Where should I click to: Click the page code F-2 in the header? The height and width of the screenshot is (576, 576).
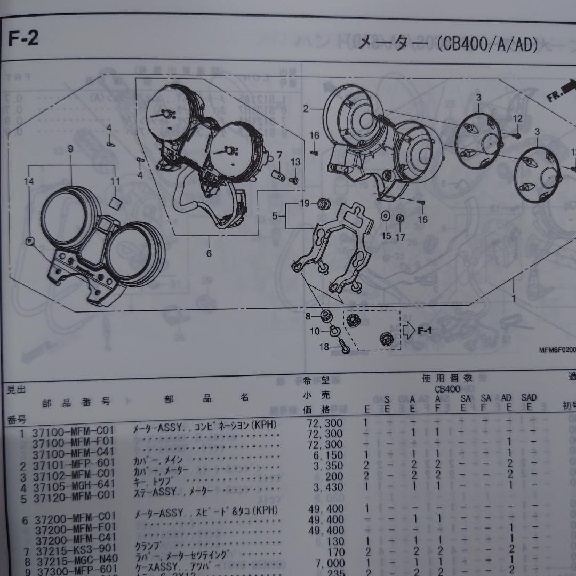(24, 39)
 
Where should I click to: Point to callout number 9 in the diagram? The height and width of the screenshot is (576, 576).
(70, 149)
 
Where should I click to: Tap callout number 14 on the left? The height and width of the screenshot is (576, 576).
(29, 181)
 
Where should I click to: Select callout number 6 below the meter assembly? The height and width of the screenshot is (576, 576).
(209, 254)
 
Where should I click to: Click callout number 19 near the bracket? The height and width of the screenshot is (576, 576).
(305, 203)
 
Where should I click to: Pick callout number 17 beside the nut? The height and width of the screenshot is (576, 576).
(401, 236)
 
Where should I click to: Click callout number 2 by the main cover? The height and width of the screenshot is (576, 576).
(306, 109)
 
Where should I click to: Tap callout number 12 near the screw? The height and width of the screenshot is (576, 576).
(517, 118)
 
